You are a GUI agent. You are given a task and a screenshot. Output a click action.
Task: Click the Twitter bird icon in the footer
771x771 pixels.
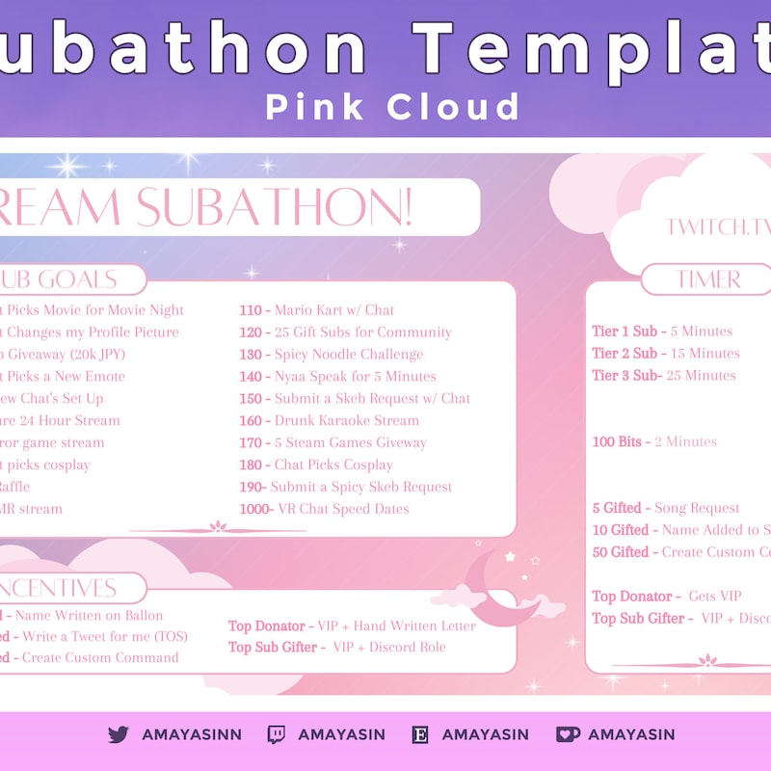pos(119,734)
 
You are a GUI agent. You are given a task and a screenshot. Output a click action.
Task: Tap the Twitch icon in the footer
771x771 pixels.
pos(276,734)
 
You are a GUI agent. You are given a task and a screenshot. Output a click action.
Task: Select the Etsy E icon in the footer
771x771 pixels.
pos(420,734)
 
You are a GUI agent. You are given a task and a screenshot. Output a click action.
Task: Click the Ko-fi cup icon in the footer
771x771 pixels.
pos(568,734)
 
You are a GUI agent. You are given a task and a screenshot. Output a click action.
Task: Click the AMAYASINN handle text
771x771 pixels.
pos(192,734)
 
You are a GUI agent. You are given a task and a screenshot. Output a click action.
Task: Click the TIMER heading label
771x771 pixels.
pos(708,279)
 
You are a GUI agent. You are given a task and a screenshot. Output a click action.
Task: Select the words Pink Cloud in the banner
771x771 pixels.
pos(392,106)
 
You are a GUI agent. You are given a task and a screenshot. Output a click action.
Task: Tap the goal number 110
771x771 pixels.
pos(252,310)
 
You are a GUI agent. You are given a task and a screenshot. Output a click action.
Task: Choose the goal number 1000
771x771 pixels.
pos(255,509)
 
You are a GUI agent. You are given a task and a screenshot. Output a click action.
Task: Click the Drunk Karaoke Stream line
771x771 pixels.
pos(347,420)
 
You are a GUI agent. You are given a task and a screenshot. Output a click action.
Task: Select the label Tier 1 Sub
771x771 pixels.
pos(625,332)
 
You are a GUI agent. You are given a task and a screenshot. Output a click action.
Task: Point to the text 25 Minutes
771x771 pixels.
pos(703,376)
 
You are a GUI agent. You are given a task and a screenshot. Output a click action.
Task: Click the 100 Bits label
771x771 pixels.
pos(618,442)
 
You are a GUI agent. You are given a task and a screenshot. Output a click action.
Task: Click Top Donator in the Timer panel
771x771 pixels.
pos(632,597)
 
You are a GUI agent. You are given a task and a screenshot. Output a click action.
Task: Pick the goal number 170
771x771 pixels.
pos(252,442)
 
